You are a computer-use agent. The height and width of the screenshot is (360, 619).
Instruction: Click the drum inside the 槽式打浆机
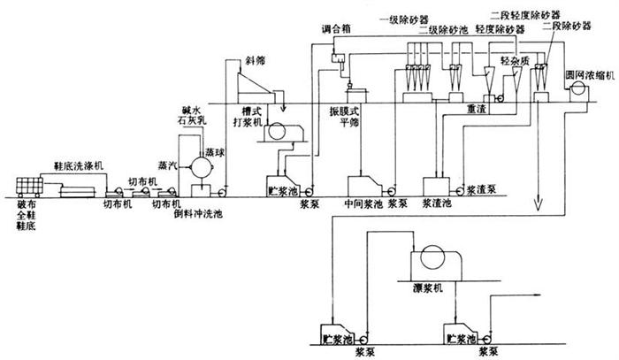(285, 131)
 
